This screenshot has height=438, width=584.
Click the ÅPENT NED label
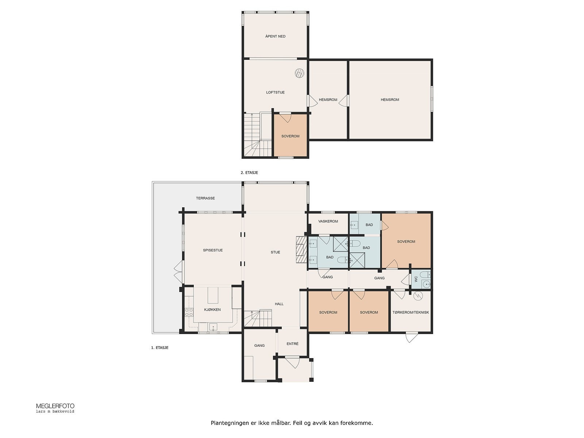point(276,36)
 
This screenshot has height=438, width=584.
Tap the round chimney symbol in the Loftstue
point(299,73)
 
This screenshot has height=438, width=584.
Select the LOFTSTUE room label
point(275,92)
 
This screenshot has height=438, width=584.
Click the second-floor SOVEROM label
point(290,136)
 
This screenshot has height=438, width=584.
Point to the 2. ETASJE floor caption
point(249,173)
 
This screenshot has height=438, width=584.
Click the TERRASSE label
point(205,198)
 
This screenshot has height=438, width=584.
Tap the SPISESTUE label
point(213,250)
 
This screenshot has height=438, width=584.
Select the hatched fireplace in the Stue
point(301,249)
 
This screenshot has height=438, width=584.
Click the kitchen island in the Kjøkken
point(213,295)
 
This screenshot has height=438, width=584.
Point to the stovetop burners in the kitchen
point(189,312)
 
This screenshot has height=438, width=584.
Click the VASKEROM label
point(328,221)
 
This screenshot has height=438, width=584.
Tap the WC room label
point(416,279)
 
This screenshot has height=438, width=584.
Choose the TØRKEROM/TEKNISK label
point(411,312)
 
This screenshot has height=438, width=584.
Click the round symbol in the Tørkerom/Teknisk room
point(418,296)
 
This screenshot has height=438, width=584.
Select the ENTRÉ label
point(292,344)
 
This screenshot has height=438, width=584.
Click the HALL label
point(279,304)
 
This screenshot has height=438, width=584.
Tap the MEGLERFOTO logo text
point(55,406)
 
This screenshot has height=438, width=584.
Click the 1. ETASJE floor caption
point(160,348)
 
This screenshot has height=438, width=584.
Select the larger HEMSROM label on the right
point(390,100)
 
